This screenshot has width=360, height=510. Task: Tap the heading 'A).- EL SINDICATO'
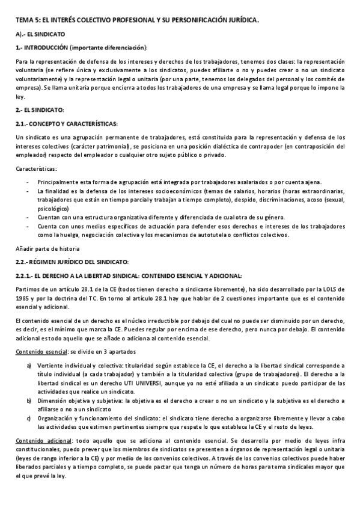40,34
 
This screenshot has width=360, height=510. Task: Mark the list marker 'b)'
28,399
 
